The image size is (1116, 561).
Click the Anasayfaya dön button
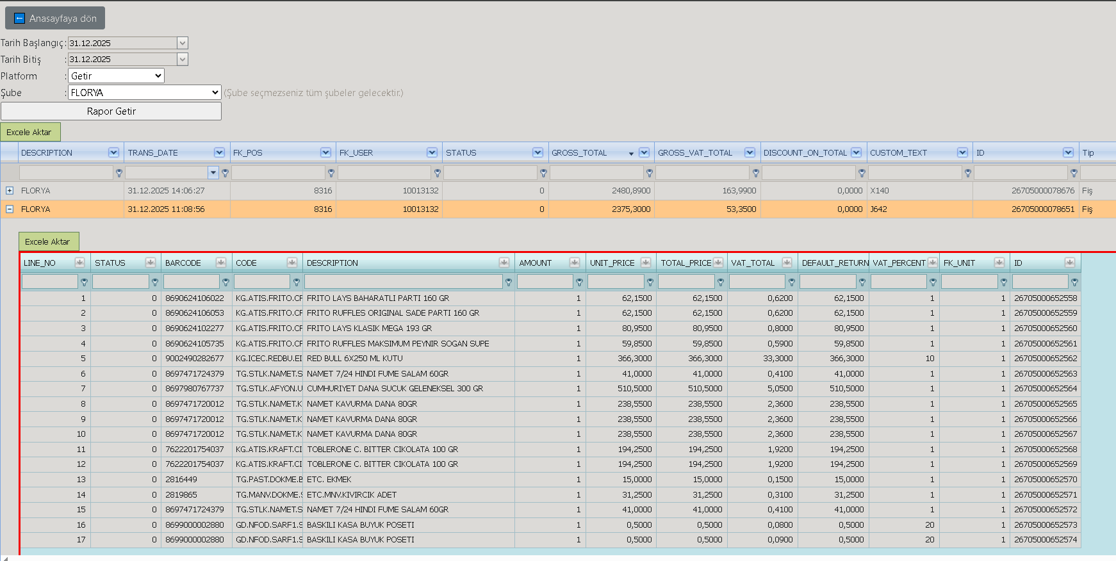pyautogui.click(x=55, y=18)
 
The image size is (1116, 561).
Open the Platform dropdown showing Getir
pyautogui.click(x=116, y=76)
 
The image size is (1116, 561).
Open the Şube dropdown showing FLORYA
pyautogui.click(x=145, y=92)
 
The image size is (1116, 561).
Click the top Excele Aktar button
pyautogui.click(x=30, y=132)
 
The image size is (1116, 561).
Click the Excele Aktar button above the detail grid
pyautogui.click(x=49, y=241)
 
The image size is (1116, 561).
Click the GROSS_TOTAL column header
pyautogui.click(x=579, y=152)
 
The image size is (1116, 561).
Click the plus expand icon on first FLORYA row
pyautogui.click(x=10, y=190)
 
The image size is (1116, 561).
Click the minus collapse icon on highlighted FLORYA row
pyautogui.click(x=10, y=209)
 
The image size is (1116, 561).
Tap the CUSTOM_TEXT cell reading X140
pyautogui.click(x=880, y=190)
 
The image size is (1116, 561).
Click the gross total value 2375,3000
pyautogui.click(x=631, y=209)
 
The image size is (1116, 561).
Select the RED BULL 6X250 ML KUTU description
pyautogui.click(x=355, y=359)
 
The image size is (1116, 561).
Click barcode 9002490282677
pyautogui.click(x=195, y=359)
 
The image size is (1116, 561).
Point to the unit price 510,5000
pyautogui.click(x=634, y=389)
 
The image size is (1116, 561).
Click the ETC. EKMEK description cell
pyautogui.click(x=329, y=480)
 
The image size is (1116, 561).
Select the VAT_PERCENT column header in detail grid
pyautogui.click(x=899, y=263)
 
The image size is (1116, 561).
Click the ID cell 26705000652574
pyautogui.click(x=1046, y=540)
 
